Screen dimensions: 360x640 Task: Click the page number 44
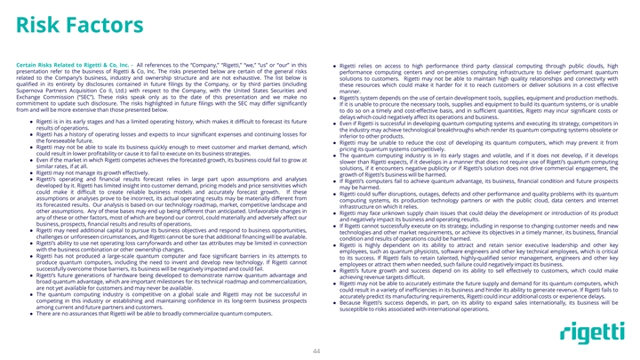(316, 350)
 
